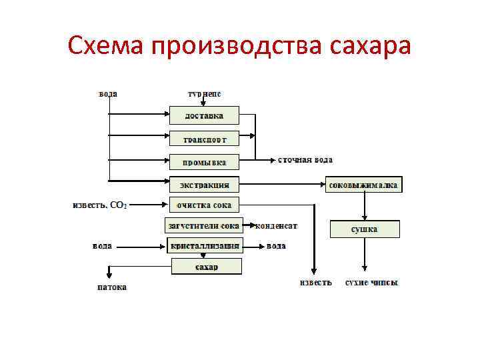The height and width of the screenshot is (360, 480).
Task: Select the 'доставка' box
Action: click(x=205, y=115)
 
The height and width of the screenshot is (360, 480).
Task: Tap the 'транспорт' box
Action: click(x=205, y=139)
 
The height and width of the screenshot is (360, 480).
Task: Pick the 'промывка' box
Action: click(x=205, y=162)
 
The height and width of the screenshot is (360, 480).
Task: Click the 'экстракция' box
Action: click(x=205, y=183)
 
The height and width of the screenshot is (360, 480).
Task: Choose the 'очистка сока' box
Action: click(x=205, y=205)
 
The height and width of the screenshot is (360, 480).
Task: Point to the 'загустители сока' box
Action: click(x=203, y=226)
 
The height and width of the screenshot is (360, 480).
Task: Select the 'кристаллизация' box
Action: click(x=204, y=246)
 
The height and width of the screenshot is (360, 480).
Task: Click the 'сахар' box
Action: click(x=206, y=267)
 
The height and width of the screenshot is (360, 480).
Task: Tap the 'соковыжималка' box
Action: click(x=364, y=184)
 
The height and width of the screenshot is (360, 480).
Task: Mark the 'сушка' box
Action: click(x=364, y=229)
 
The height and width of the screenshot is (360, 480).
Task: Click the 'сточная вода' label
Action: click(x=305, y=160)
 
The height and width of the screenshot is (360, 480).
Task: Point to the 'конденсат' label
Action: click(x=276, y=226)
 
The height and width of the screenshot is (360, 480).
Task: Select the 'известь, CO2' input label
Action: click(x=99, y=205)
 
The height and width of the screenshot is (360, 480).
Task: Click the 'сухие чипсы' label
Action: click(x=371, y=283)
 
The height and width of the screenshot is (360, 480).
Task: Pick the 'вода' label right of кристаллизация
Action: click(x=276, y=246)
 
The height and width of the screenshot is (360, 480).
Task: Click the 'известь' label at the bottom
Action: click(x=315, y=283)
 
